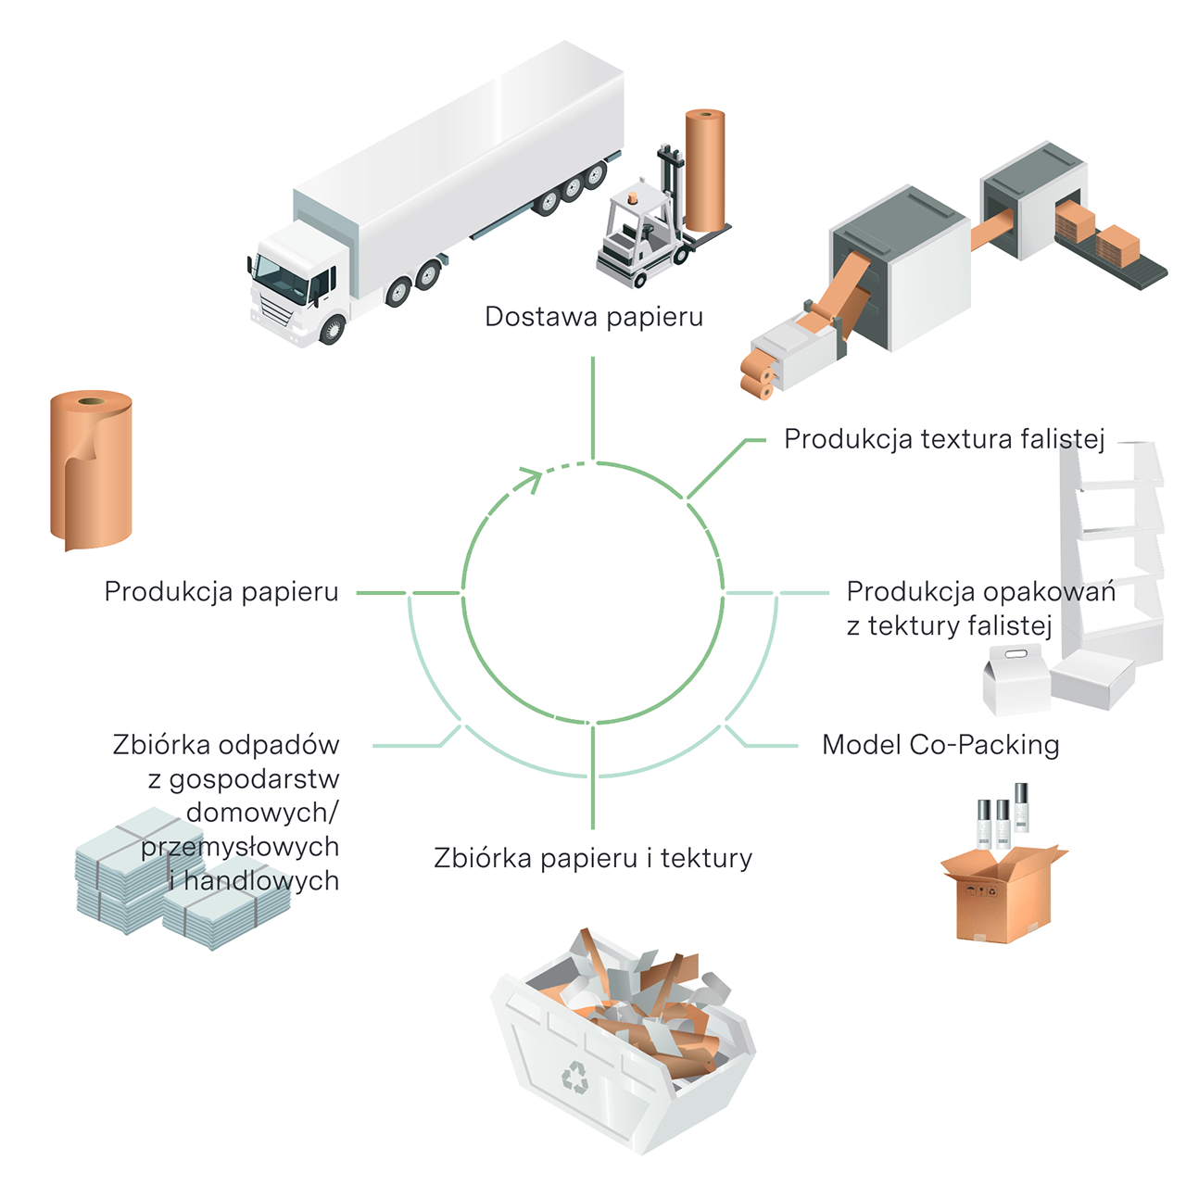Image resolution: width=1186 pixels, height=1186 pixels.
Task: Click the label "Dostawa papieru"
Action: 593,317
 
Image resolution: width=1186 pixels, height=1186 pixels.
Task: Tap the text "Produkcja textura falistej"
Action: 944,439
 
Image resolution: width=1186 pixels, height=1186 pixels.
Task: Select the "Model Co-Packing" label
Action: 940,745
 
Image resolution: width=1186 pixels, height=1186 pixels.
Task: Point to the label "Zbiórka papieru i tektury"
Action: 593,858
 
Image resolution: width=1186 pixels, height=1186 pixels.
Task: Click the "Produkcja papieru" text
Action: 221,592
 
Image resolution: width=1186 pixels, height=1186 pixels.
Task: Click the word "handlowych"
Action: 261,881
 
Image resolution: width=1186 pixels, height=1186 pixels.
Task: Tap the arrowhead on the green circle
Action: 531,479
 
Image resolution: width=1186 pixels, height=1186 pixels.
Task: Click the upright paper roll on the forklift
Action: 705,170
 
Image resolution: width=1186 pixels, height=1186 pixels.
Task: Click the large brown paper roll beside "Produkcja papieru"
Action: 91,470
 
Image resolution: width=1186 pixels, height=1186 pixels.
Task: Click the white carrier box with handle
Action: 1016,679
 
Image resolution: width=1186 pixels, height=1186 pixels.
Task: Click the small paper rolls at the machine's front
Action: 757,375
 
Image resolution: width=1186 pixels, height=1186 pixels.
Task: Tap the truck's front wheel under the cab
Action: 333,329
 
